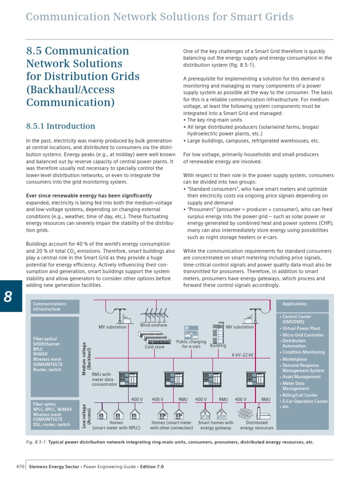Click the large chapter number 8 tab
click(x=11, y=296)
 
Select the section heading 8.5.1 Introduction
click(x=60, y=126)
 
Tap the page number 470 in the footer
click(x=20, y=467)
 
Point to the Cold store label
click(x=155, y=347)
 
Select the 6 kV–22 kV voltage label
click(x=242, y=355)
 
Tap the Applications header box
click(x=303, y=304)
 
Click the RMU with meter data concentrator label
click(x=104, y=379)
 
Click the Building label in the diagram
click(x=218, y=345)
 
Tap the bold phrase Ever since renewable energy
click(x=89, y=195)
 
